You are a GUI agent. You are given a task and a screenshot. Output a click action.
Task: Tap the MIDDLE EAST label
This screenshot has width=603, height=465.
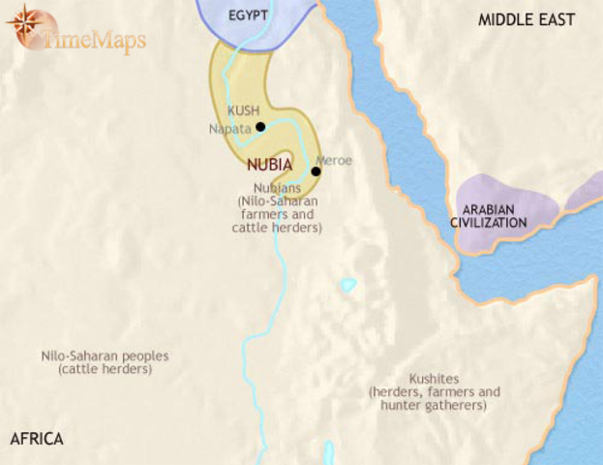(527, 19)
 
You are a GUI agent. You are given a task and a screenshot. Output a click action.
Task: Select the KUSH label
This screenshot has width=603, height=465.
(242, 110)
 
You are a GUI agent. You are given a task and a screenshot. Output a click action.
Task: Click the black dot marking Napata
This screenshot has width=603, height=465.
(260, 127)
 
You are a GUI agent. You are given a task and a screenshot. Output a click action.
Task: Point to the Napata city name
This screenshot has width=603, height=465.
(229, 128)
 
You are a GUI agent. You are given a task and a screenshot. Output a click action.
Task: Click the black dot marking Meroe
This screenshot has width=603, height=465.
(316, 171)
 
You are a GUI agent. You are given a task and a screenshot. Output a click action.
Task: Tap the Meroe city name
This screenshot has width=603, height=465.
(334, 160)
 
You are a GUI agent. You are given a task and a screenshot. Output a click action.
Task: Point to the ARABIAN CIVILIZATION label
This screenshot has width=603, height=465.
(488, 215)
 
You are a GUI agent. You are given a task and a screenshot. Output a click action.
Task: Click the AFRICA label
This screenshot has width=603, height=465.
(37, 439)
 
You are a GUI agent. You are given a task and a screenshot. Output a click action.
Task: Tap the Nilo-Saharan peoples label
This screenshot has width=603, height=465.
(105, 356)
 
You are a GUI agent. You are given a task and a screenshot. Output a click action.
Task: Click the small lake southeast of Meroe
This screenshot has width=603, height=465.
(347, 286)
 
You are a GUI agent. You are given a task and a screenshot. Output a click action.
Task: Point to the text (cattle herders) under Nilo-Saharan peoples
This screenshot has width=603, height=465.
(105, 370)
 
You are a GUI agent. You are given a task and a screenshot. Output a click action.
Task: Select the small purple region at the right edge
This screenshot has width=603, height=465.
(585, 191)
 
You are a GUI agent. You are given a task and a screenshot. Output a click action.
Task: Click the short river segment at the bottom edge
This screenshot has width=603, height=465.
(328, 452)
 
